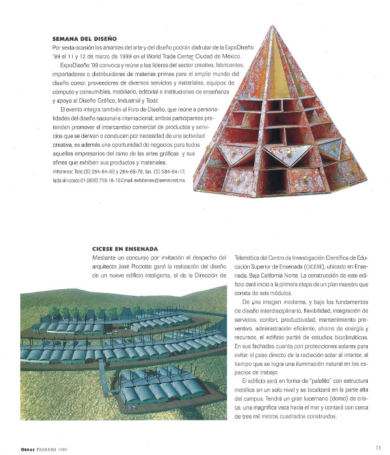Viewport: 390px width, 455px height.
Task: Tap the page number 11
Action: click(x=378, y=447)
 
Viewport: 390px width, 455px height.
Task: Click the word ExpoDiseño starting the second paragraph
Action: click(x=74, y=66)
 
